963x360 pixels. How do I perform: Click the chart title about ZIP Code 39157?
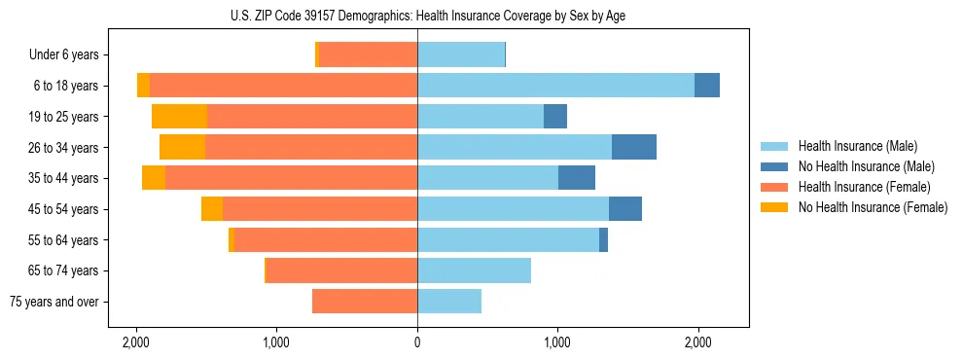(x=417, y=16)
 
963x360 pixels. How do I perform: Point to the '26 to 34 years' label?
(x=63, y=147)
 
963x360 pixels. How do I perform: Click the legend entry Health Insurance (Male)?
(x=856, y=146)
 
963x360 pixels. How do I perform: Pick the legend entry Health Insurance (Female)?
(x=860, y=187)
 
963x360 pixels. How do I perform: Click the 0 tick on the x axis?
(x=417, y=342)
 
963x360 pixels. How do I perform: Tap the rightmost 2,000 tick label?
(x=697, y=342)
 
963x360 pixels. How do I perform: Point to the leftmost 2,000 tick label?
(x=136, y=342)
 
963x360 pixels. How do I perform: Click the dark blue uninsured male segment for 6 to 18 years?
(x=707, y=86)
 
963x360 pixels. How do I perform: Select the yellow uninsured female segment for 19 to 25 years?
(x=180, y=117)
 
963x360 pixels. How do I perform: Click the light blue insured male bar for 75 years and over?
(x=449, y=302)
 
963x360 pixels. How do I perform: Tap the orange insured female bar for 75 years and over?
(x=365, y=302)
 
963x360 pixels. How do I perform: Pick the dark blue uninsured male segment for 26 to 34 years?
(x=634, y=147)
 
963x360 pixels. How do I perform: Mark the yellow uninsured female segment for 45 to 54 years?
(x=212, y=209)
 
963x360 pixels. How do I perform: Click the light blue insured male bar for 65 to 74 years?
(x=474, y=270)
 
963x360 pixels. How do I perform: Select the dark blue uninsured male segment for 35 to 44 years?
(x=577, y=178)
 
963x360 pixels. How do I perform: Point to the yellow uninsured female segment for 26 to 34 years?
(x=183, y=147)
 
